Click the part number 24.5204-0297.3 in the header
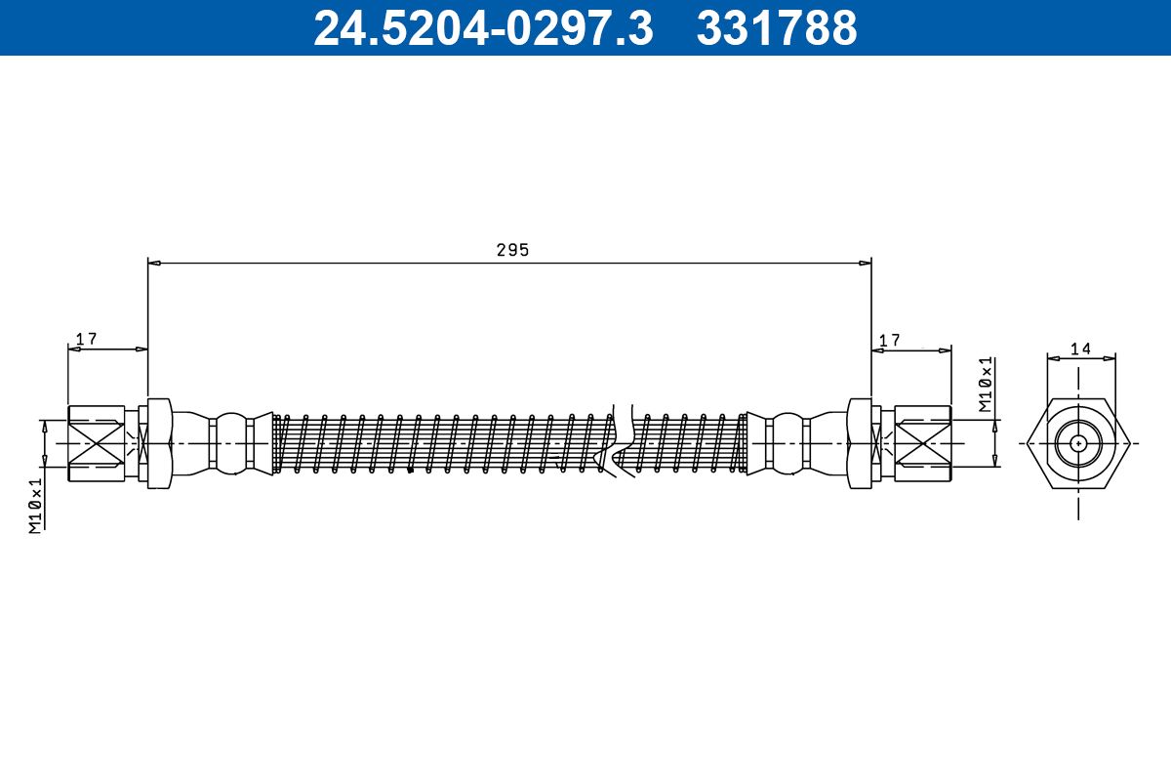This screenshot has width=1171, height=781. coord(482,28)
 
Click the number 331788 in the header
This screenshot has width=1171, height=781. coord(777,28)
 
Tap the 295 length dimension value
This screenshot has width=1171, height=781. coord(511,250)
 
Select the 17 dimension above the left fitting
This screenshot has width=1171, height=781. coord(86,339)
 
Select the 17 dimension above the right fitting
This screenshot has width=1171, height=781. coord(889,340)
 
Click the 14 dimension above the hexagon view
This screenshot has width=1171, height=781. coord(1079,349)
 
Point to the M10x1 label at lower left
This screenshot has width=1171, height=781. coord(35,506)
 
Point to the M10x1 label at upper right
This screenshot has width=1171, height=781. coord(986,386)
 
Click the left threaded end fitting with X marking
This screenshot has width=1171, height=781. coord(96,443)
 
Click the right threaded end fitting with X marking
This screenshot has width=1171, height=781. coord(922,443)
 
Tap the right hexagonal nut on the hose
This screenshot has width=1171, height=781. coord(860,443)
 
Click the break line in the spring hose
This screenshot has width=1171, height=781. coord(623,442)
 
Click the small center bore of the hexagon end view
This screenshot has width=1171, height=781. coord(1078,442)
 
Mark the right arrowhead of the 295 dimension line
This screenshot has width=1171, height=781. coord(866,263)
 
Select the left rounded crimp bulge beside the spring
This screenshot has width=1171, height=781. coord(231,443)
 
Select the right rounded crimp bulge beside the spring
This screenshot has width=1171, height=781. coord(787,443)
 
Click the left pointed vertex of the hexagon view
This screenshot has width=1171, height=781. coord(1028,442)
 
